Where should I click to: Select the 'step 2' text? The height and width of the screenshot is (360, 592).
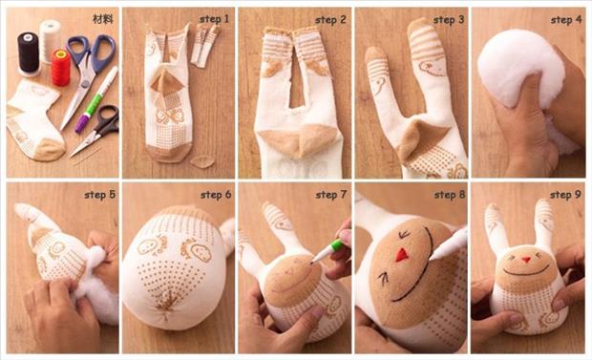pyautogui.click(x=332, y=19)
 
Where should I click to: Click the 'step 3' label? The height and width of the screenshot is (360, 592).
pyautogui.click(x=449, y=19)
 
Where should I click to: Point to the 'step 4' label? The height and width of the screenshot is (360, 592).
pyautogui.click(x=566, y=19)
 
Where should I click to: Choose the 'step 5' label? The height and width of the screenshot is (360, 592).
pyautogui.click(x=99, y=195)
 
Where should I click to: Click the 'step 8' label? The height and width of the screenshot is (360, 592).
pyautogui.click(x=449, y=195)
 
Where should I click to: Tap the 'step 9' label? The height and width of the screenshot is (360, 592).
pyautogui.click(x=566, y=195)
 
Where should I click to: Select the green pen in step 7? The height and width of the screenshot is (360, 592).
pyautogui.click(x=327, y=250)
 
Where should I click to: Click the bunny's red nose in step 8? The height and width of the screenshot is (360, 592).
pyautogui.click(x=402, y=255)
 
